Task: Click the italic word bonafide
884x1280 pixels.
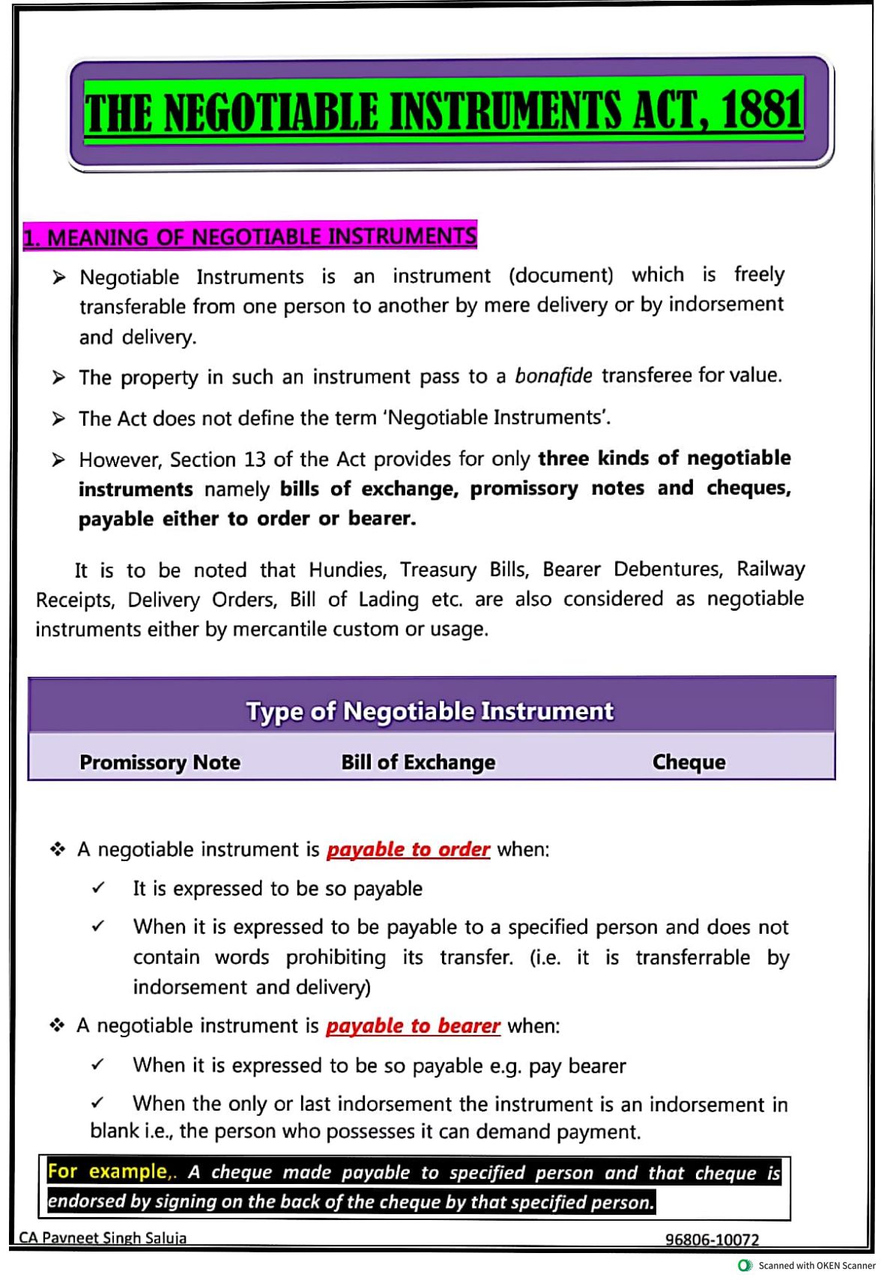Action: (x=553, y=375)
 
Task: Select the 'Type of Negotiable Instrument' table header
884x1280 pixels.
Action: (x=430, y=710)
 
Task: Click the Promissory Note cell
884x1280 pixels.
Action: (x=160, y=762)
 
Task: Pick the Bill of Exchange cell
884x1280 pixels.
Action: (x=418, y=762)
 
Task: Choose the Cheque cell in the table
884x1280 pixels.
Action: (x=688, y=762)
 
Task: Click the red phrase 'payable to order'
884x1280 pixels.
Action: (x=408, y=849)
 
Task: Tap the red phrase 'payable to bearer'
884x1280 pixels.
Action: (x=413, y=1025)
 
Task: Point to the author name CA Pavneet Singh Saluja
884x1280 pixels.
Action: (x=103, y=1238)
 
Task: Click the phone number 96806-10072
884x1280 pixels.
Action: (x=712, y=1240)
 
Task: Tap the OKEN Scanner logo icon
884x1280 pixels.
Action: (x=745, y=1265)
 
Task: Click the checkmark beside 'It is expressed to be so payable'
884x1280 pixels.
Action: (x=98, y=889)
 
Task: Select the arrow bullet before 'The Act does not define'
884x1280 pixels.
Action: (x=58, y=418)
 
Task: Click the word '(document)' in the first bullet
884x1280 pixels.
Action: (x=560, y=276)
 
